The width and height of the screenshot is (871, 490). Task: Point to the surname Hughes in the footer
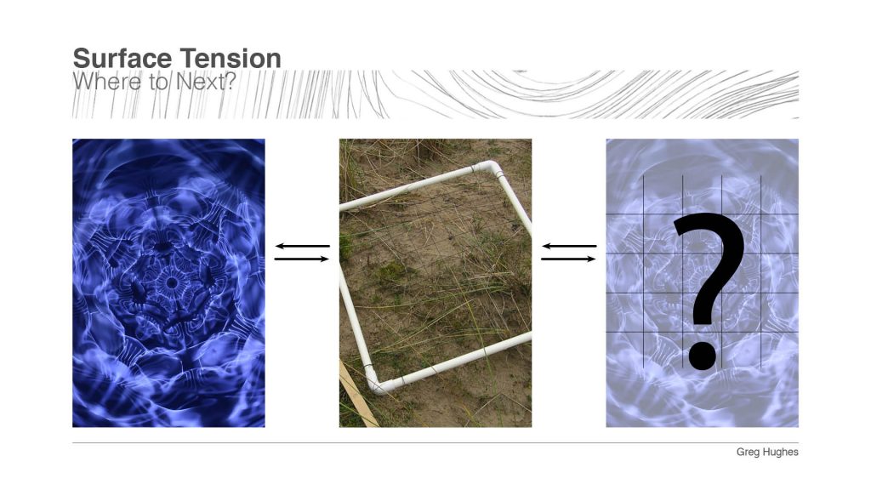(x=781, y=453)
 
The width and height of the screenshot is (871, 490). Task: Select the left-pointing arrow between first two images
(x=302, y=247)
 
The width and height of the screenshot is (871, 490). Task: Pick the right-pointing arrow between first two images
(x=302, y=259)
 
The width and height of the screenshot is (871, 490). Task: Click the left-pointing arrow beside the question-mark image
(x=569, y=247)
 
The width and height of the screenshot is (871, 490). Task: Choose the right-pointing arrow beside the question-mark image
(x=569, y=259)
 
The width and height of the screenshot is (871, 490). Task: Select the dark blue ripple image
(x=128, y=357)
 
